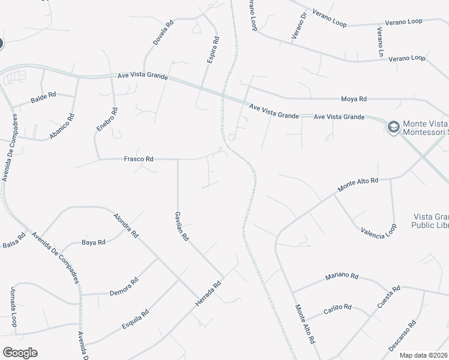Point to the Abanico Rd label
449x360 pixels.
[x=62, y=127]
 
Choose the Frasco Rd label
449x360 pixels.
[x=139, y=159]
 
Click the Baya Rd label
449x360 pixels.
[x=93, y=242]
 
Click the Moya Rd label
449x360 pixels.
[x=354, y=98]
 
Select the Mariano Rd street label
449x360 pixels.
[x=342, y=277]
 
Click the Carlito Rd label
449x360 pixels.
[x=337, y=307]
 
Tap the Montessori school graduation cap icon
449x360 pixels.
[x=393, y=127]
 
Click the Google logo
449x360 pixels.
[x=20, y=353]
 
